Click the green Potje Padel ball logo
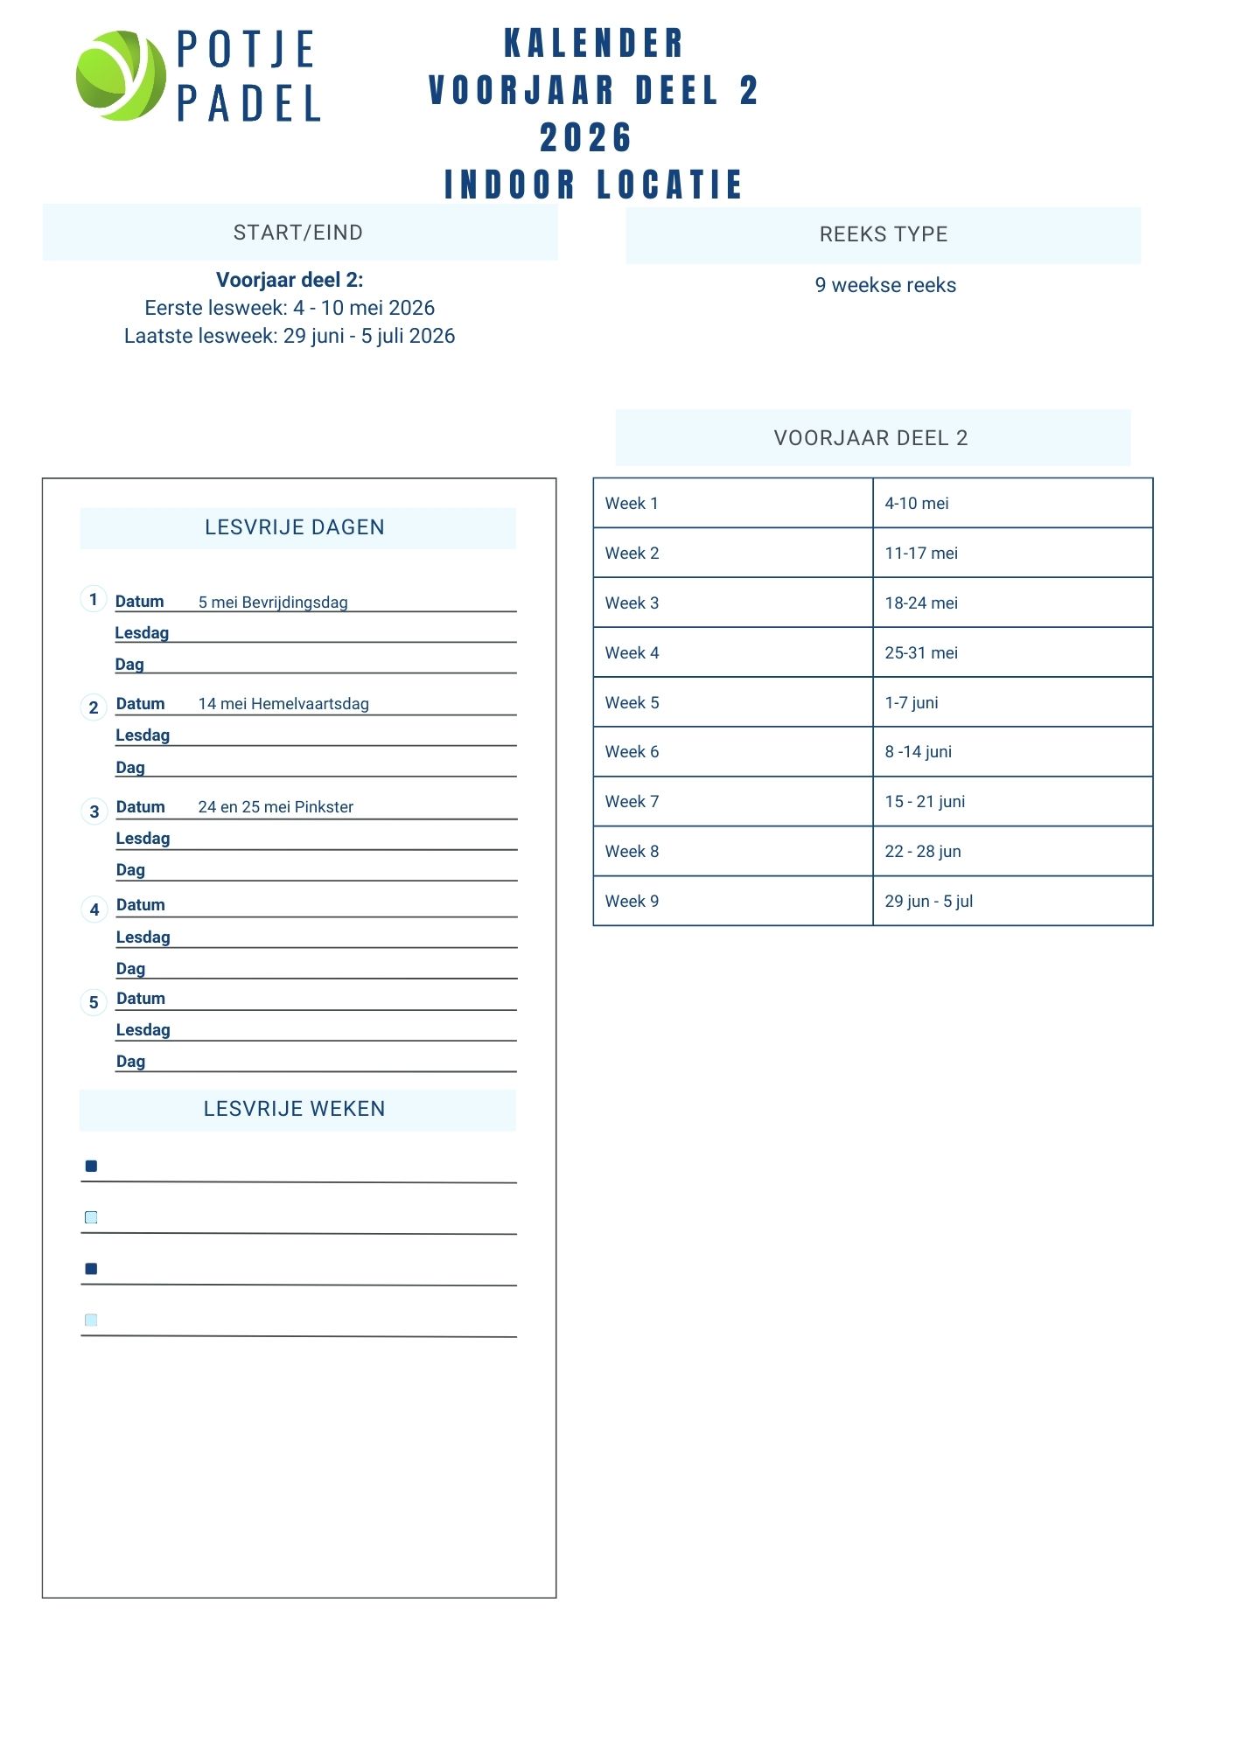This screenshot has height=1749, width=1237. point(121,75)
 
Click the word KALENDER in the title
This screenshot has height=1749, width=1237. point(594,44)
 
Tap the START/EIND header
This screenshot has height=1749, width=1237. point(298,233)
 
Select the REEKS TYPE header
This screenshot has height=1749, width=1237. point(884,234)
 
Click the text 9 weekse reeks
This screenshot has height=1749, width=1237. point(885,285)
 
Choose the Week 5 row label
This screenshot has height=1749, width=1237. point(632,703)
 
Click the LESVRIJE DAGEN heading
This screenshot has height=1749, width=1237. point(295,527)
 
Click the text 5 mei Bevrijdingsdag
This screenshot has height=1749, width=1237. point(273,603)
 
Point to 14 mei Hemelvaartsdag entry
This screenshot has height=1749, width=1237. point(283,704)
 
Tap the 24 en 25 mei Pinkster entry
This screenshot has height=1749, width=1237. point(276,807)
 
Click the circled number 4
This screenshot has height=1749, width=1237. point(94,909)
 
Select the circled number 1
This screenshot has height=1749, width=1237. point(94,599)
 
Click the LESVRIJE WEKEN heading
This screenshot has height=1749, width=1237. point(295,1109)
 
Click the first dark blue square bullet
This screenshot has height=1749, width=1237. point(91,1166)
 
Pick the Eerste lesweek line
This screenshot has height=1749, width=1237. point(290,308)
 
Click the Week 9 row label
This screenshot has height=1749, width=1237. point(632,902)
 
